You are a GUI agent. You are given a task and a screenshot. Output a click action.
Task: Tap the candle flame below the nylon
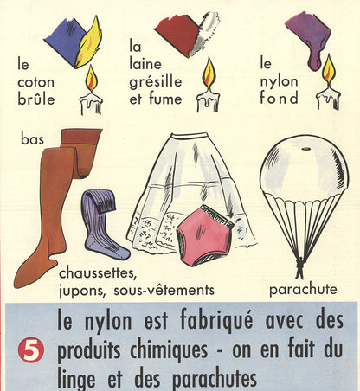point(328,71)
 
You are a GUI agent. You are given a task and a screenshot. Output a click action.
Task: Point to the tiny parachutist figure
point(300,267)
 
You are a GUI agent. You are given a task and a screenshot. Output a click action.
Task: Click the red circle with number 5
point(31,350)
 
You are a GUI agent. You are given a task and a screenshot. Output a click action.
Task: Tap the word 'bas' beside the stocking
point(33,139)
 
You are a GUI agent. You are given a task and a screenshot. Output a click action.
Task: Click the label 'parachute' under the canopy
point(303,289)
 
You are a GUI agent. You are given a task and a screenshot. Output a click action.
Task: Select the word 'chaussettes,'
point(98,273)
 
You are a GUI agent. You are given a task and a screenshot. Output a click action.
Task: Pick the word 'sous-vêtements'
point(164,290)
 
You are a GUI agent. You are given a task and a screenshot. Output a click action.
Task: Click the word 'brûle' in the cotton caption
point(36,99)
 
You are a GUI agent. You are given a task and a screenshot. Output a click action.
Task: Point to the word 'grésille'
point(156,82)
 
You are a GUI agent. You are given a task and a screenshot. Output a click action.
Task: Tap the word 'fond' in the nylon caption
point(279,98)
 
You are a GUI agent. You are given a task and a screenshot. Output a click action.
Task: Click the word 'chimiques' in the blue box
point(169,349)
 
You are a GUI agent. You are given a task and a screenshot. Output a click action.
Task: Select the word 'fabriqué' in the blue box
point(216,321)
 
